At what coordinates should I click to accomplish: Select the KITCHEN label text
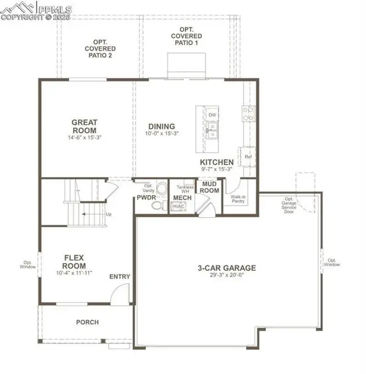(217, 162)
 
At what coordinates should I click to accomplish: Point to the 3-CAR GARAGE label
(226, 268)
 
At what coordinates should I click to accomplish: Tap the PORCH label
(87, 322)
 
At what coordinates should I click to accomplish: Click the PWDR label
(146, 198)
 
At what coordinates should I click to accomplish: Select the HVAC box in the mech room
(178, 207)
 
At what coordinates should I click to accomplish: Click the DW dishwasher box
(212, 115)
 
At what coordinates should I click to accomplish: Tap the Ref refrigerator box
(248, 157)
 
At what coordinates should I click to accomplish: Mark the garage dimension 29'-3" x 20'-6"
(226, 276)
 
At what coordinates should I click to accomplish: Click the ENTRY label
(120, 277)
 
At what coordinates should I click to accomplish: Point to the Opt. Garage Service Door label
(289, 206)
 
